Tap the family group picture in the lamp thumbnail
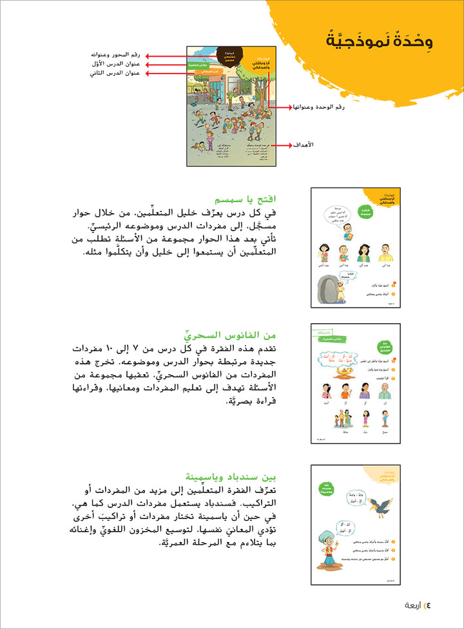340,420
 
